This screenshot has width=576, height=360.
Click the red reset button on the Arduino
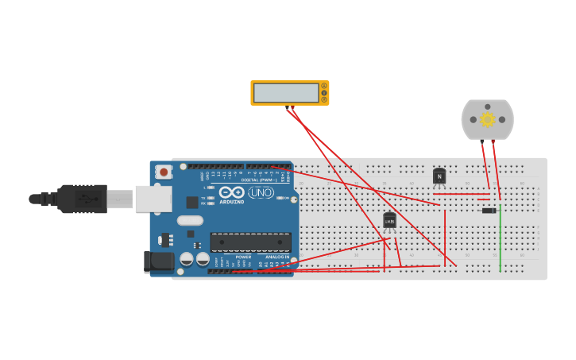click(164, 172)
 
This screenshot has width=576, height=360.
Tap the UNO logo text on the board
click(261, 192)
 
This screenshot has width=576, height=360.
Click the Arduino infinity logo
click(231, 192)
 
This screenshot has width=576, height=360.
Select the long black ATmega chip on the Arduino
click(250, 242)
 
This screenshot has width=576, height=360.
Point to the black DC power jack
click(159, 261)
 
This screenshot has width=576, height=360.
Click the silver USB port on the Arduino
click(153, 199)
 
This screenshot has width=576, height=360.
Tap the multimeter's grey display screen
click(286, 92)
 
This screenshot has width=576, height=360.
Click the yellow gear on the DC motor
click(487, 120)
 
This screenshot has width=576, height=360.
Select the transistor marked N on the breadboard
click(439, 176)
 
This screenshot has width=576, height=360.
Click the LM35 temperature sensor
click(389, 220)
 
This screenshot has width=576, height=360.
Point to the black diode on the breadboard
click(489, 211)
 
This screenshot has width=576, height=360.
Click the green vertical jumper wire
click(501, 238)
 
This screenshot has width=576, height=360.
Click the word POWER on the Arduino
click(243, 257)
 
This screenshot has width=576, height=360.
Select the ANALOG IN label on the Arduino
click(277, 257)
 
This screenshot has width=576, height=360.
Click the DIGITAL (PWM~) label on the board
click(259, 180)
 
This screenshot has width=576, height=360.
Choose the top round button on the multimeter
click(324, 86)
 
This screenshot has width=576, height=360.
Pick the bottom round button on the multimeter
click(324, 99)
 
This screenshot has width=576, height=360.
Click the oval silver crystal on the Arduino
click(190, 221)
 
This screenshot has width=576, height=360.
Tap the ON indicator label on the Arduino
click(286, 198)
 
